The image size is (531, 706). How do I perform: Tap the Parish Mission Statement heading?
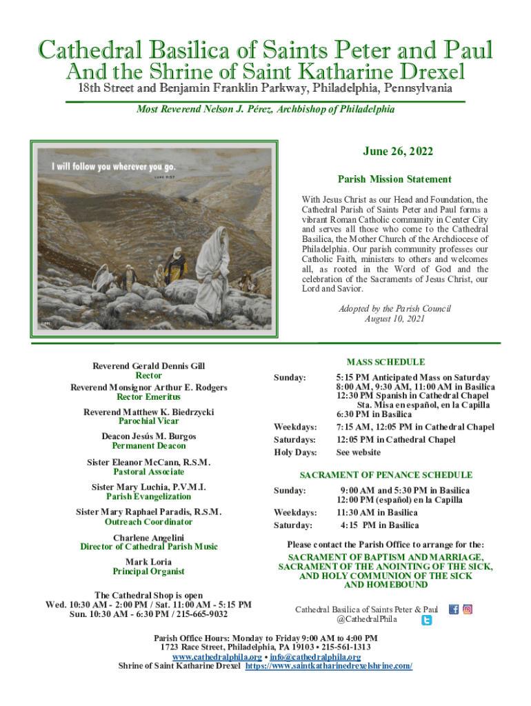coord(394,179)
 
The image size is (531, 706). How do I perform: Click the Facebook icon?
coord(454,609)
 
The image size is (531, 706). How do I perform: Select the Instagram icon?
coord(468,609)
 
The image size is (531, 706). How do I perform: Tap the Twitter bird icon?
coord(427,621)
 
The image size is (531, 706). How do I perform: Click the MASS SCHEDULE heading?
coord(385,362)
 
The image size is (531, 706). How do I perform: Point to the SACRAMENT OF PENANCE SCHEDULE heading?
coord(385,475)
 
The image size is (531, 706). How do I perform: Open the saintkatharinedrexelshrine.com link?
coord(329,666)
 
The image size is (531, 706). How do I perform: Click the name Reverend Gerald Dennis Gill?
coord(149,366)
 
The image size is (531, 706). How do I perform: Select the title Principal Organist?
coord(149,572)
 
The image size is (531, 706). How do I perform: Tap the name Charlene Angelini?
coord(149,537)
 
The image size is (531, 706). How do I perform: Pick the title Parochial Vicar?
coord(149,421)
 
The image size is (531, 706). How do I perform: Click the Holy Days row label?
coord(295,452)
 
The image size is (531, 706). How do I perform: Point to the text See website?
coord(358,452)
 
